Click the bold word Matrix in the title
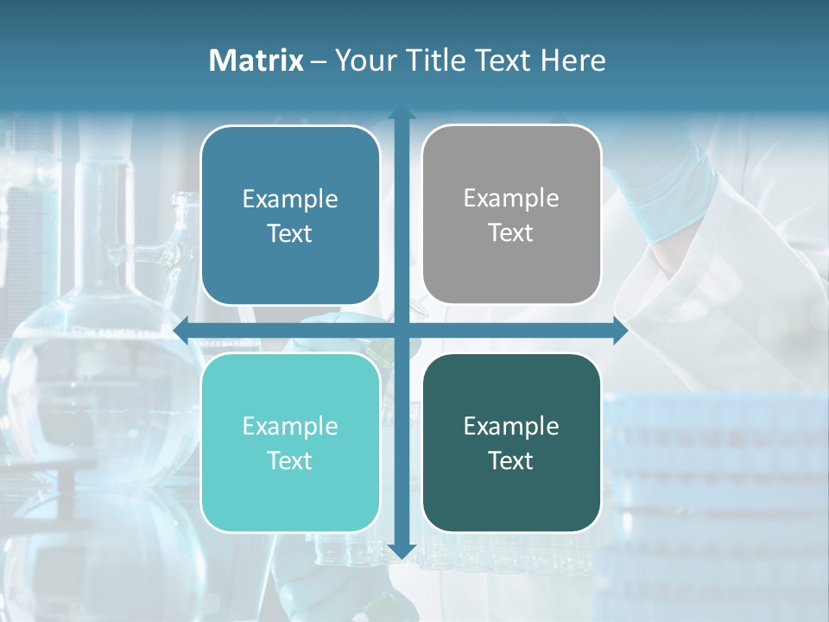tap(256, 60)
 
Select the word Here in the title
tap(573, 60)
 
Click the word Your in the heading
tap(364, 60)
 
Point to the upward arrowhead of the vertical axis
tap(401, 113)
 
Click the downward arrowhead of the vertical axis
tap(401, 550)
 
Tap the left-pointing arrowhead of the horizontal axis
tap(180, 330)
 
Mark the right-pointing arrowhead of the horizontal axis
tap(620, 330)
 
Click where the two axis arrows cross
tap(401, 330)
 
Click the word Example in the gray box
tap(511, 198)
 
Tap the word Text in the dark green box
tap(511, 460)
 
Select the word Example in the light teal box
tap(290, 426)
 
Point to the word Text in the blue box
tap(290, 233)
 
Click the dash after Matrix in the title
tap(319, 61)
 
